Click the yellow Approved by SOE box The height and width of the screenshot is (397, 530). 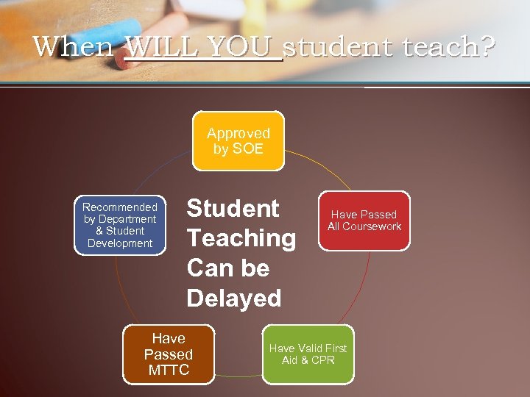click(x=238, y=140)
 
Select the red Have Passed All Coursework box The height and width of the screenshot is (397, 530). click(x=364, y=221)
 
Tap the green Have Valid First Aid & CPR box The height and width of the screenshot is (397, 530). click(x=308, y=354)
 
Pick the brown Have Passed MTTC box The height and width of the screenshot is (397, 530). click(x=168, y=354)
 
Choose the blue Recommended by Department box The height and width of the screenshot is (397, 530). click(x=120, y=225)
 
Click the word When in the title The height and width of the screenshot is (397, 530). click(x=73, y=47)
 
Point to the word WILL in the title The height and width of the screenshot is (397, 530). click(x=160, y=47)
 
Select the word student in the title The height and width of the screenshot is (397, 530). click(x=336, y=47)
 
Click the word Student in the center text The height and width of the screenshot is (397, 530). click(x=233, y=209)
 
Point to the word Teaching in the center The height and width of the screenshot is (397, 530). click(x=241, y=238)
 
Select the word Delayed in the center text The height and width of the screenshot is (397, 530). click(x=234, y=298)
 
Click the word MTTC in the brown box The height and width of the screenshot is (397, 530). click(x=169, y=370)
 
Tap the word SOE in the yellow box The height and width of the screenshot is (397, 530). click(x=247, y=149)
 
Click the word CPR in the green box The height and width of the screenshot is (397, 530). click(x=322, y=360)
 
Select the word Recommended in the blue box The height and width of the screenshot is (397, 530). click(x=120, y=207)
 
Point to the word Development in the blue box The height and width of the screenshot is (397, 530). click(x=120, y=243)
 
